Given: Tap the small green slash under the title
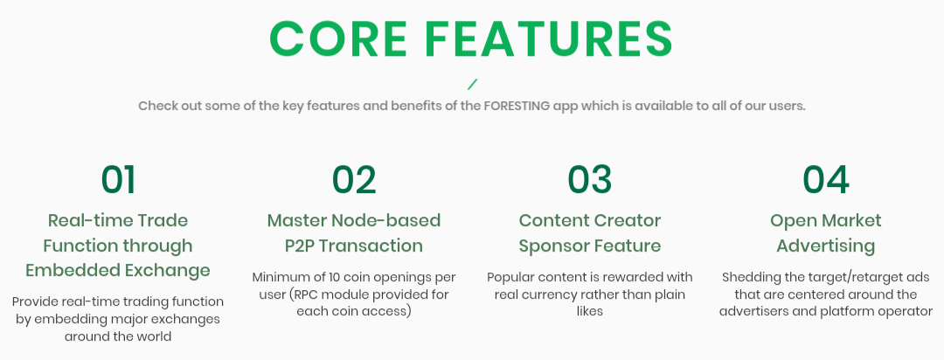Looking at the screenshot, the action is tap(473, 84).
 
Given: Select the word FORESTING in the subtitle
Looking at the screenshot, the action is tap(517, 106).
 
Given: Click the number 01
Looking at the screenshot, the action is tap(118, 179).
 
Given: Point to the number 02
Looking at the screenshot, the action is tap(354, 179).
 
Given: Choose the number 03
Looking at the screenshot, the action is tap(589, 179).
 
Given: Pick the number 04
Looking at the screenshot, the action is tap(825, 179).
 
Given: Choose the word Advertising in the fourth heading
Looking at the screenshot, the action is tap(825, 246).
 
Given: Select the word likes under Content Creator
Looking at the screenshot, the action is tap(589, 311).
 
